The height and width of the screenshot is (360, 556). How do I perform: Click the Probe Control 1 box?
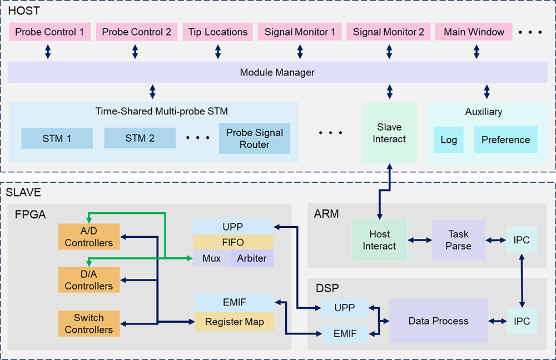[x=49, y=32]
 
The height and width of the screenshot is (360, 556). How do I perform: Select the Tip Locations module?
[x=218, y=32]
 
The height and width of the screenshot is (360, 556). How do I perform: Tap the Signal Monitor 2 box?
[x=389, y=32]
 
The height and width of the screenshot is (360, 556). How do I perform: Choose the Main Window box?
[x=474, y=32]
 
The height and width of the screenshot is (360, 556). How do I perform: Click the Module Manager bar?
[x=277, y=72]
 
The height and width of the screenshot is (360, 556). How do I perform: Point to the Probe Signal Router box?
[x=255, y=138]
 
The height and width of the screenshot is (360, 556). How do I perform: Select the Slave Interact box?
[x=389, y=133]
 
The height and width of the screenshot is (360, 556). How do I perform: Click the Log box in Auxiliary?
[x=449, y=139]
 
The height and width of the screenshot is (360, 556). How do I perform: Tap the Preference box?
[x=505, y=139]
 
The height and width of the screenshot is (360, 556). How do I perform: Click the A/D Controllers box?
[x=89, y=237]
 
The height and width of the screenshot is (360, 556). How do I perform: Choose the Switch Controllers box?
[x=89, y=323]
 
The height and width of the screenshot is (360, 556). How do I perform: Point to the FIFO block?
[x=233, y=242]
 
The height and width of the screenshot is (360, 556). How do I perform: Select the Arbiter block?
[x=252, y=258]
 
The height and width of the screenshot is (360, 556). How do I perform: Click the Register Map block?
[x=234, y=322]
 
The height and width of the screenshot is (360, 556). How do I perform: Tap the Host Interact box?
[x=380, y=240]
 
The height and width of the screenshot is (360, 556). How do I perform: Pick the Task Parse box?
[x=459, y=240]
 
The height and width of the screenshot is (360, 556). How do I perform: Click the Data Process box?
[x=438, y=321]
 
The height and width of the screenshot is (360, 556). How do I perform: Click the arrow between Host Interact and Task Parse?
[x=420, y=240]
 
